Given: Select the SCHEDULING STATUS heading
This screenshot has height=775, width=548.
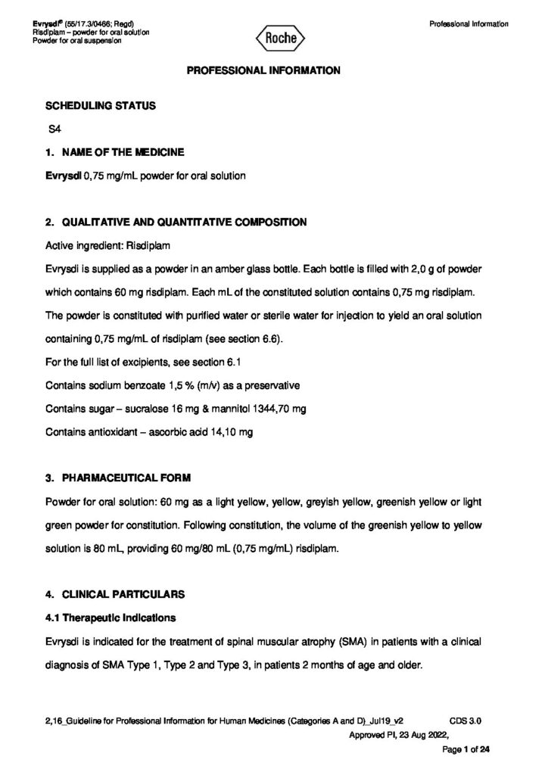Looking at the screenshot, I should click(x=101, y=106).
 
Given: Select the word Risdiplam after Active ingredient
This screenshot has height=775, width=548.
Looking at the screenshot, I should click(x=160, y=246).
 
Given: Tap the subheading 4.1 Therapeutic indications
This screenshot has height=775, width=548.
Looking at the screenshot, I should click(x=111, y=618).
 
